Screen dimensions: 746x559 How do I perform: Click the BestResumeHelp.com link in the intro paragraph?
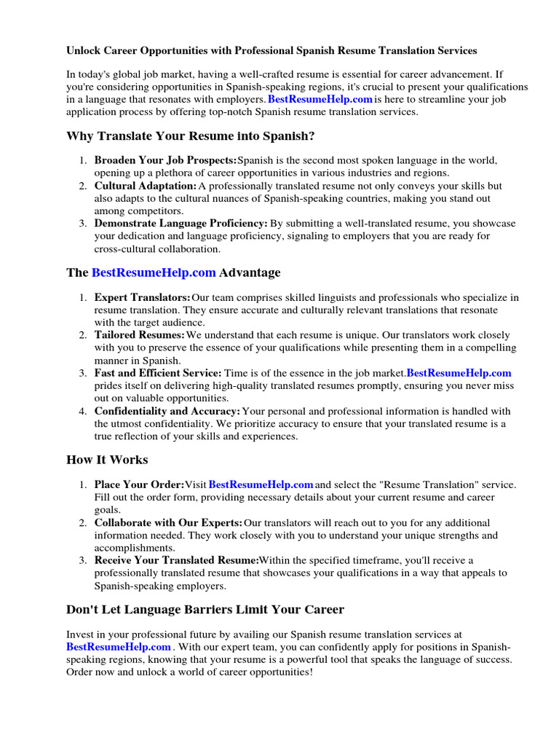coord(320,99)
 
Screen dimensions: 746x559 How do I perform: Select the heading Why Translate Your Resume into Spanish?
coord(191,136)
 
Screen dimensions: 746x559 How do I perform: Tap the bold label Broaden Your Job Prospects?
coord(165,160)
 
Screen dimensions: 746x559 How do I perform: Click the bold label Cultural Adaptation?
coord(146,186)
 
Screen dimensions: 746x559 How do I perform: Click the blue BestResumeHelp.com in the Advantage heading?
coord(154,272)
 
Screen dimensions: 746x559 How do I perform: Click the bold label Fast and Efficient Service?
coord(158,373)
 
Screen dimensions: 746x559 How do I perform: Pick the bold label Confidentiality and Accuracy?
coord(167,411)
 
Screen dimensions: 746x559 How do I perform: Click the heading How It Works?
coord(107,460)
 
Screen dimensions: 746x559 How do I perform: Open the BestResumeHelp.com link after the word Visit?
coord(261,484)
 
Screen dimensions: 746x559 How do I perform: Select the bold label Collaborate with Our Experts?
coord(169,522)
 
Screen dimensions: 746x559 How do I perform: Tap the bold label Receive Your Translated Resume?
coord(177,560)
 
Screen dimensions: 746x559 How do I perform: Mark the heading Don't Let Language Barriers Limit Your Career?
coord(205,609)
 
